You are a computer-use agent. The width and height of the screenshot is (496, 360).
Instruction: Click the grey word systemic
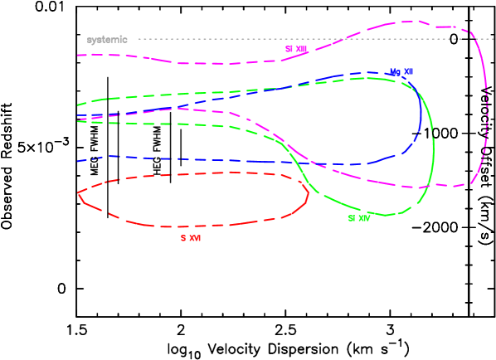[107, 40]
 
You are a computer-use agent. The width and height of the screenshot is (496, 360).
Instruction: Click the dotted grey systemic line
[249, 39]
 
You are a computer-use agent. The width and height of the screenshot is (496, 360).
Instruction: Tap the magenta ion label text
[296, 50]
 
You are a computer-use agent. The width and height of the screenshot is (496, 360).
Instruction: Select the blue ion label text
[401, 72]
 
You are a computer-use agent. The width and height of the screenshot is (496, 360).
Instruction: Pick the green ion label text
[358, 219]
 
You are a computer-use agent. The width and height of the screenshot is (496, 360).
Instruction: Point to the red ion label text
[191, 238]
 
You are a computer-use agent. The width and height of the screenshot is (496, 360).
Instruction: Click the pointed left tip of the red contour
[78, 193]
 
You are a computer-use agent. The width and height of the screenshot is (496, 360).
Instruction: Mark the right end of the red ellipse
[309, 196]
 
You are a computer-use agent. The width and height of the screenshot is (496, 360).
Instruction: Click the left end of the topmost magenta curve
[78, 55]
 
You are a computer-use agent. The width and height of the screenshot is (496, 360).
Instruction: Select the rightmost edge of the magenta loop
[487, 108]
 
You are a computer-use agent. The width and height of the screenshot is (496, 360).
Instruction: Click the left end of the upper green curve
[78, 105]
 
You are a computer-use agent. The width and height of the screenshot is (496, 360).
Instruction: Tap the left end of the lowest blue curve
[78, 161]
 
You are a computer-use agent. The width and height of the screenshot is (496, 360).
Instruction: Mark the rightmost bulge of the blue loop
[421, 116]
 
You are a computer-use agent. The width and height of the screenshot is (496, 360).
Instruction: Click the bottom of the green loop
[390, 216]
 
